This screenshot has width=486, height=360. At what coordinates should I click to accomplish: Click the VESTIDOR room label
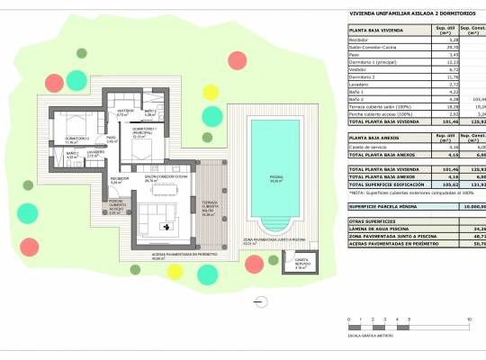click(125, 112)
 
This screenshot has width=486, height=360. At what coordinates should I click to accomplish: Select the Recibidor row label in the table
click(360, 40)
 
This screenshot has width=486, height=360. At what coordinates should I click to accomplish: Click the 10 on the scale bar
click(469, 320)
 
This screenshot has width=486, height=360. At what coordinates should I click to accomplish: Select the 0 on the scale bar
click(347, 320)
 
